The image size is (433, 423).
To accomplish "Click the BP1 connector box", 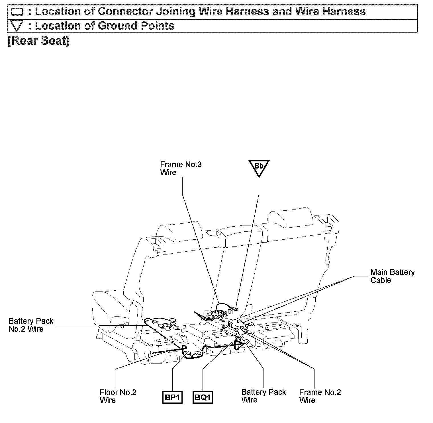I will tap(172, 397).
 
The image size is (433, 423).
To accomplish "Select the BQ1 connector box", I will tap(203, 397).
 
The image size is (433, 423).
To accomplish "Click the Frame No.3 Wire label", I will tap(181, 168).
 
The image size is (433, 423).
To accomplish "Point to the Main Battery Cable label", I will tap(392, 276).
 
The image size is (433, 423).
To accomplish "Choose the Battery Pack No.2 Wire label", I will tap(31, 325).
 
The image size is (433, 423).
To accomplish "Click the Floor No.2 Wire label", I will tap(118, 396).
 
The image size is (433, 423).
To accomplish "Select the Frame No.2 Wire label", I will tap(320, 396).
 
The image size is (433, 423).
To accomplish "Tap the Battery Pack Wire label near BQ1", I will tap(263, 396).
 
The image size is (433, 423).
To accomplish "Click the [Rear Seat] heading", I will tap(38, 41).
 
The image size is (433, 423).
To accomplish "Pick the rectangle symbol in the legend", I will tap(17, 12).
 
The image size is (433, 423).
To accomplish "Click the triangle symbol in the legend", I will tap(17, 26).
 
